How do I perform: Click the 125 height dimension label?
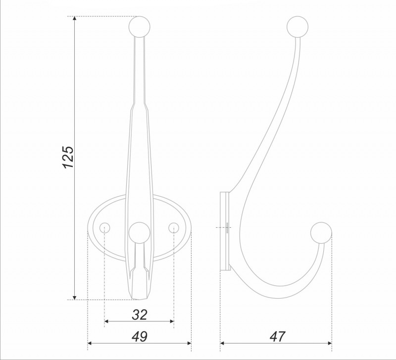click(68, 157)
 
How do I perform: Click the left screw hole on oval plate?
click(104, 228)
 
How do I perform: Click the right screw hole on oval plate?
click(174, 228)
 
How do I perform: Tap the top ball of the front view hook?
click(140, 27)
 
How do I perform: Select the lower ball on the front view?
click(140, 233)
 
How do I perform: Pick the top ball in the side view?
click(297, 27)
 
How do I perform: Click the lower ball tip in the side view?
click(321, 233)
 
